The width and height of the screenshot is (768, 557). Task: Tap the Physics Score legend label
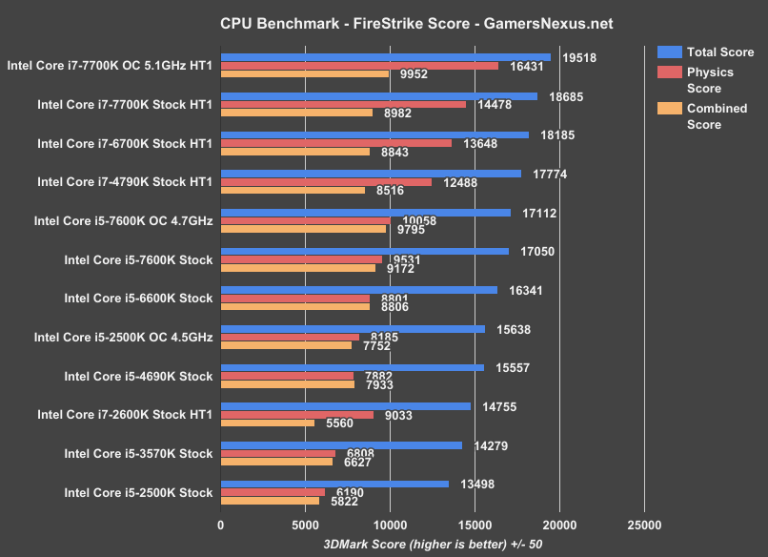coord(710,81)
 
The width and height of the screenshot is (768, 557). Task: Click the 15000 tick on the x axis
coord(475,524)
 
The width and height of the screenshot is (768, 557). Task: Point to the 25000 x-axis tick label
coord(644,524)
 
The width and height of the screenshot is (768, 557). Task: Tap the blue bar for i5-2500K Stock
coord(334,484)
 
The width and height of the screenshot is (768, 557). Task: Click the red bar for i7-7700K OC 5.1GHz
coord(359,66)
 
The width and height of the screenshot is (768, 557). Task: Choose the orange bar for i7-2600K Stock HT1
coord(268,423)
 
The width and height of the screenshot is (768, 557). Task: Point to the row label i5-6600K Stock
coord(138,298)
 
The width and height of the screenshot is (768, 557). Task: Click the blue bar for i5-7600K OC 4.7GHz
coord(365,213)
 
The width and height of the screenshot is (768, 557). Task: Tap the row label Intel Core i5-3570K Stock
coord(138,453)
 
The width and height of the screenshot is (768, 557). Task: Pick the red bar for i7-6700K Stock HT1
coord(335,143)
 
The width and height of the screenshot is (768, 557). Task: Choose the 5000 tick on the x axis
coord(305,524)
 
